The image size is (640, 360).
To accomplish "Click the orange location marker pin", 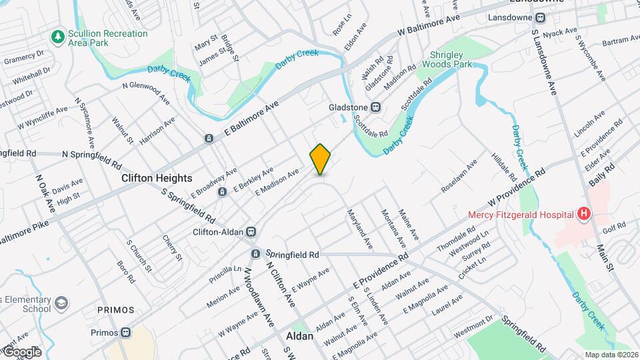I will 321,159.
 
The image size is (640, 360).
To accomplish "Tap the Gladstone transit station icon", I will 376,107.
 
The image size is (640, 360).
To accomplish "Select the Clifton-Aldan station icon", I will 251,232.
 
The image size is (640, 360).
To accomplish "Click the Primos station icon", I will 125,333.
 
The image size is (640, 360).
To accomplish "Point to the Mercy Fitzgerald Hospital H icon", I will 584,214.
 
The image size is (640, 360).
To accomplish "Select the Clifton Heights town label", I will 157,179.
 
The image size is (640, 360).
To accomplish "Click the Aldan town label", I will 299,337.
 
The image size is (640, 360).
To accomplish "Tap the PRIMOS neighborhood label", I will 115,311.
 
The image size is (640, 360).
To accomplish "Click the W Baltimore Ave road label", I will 430,27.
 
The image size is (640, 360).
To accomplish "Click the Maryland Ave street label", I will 359,231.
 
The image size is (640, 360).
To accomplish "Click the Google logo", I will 21,352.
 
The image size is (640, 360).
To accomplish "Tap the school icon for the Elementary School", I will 61,303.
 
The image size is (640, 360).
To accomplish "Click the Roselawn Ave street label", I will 459,176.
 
